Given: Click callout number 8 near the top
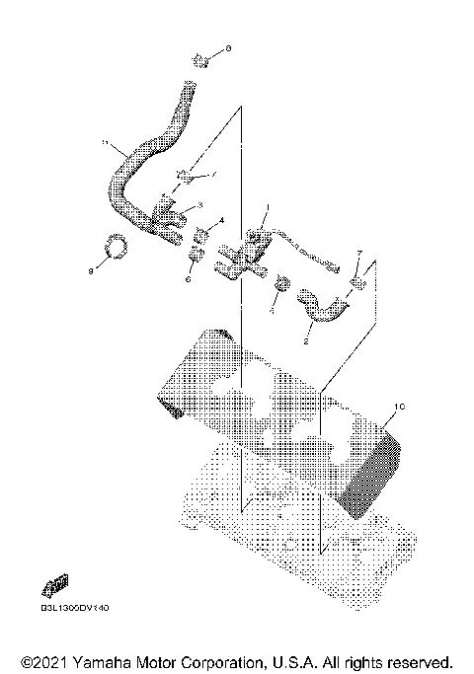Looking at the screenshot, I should click(x=229, y=47).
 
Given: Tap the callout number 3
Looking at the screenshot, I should click(x=199, y=205).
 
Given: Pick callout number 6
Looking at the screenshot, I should click(x=186, y=280).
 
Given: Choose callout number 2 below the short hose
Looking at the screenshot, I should click(x=307, y=341).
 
